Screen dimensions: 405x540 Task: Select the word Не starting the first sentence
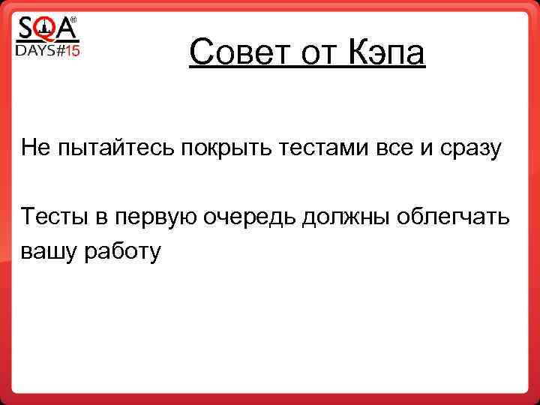(34, 147)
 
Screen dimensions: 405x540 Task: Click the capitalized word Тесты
(50, 217)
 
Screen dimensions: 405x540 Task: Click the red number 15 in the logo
(70, 50)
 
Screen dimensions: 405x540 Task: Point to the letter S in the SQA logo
(25, 29)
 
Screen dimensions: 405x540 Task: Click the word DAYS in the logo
(34, 50)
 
